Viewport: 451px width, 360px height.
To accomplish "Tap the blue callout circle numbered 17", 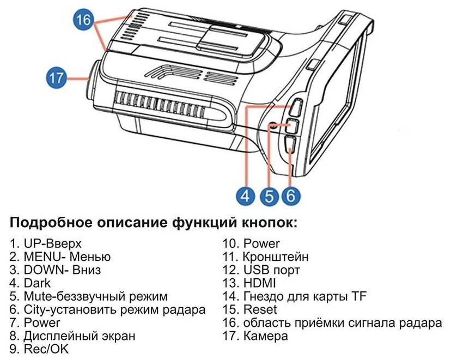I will pyautogui.click(x=56, y=78).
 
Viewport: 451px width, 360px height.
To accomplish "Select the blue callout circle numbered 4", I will pyautogui.click(x=247, y=195).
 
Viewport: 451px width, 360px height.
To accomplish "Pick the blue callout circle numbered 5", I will pyautogui.click(x=269, y=195).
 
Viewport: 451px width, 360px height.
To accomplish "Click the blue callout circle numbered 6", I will pyautogui.click(x=290, y=195).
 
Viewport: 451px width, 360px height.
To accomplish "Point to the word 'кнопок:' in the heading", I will pyautogui.click(x=271, y=223).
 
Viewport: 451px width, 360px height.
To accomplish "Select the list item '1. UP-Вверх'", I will pyautogui.click(x=46, y=243).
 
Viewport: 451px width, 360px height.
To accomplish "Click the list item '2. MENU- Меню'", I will pyautogui.click(x=60, y=257).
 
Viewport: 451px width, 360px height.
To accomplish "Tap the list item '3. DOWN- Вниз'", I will pyautogui.click(x=56, y=270).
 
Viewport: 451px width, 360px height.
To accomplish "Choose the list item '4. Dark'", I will pyautogui.click(x=30, y=283).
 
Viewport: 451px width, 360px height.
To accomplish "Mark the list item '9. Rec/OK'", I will pyautogui.click(x=40, y=349).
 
